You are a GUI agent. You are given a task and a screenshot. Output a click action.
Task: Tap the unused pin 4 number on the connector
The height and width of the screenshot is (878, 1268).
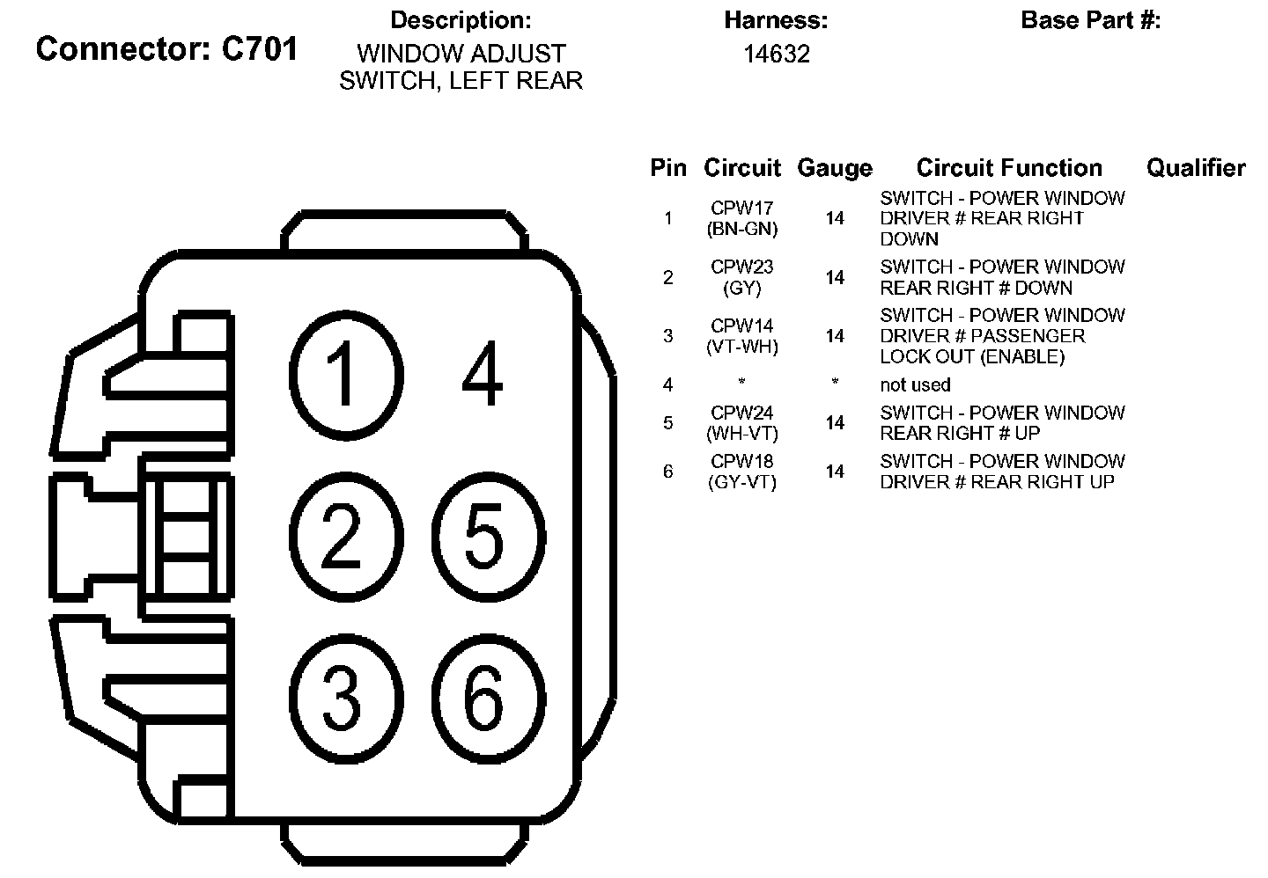point(483,374)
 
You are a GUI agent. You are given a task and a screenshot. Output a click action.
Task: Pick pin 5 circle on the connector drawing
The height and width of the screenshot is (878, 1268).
point(486,534)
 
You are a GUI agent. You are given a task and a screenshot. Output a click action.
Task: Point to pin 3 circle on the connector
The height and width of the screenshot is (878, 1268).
point(342,699)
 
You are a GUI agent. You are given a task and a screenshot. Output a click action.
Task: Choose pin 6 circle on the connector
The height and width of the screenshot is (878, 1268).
point(484,699)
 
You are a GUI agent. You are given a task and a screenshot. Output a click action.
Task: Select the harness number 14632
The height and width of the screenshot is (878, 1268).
point(776,55)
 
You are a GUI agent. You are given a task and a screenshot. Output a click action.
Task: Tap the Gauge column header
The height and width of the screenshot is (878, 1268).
point(834,168)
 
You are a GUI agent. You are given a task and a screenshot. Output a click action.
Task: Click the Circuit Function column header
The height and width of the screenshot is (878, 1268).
point(1009,168)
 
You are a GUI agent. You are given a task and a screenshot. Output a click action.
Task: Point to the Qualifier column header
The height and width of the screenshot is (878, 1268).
point(1196,168)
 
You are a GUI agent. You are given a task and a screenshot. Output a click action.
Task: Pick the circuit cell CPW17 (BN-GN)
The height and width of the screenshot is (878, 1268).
point(742,219)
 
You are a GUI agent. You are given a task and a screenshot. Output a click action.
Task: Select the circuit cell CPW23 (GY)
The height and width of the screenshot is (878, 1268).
point(742,277)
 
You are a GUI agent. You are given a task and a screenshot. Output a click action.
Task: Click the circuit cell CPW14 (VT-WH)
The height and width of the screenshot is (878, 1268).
point(742,336)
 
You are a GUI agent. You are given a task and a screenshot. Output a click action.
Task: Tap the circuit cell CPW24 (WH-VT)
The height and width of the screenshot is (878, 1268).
point(742,422)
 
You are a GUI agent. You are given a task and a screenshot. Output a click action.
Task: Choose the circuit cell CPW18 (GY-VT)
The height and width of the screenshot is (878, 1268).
point(742,472)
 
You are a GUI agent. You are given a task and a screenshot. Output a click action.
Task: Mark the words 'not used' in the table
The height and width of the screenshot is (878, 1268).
point(915,384)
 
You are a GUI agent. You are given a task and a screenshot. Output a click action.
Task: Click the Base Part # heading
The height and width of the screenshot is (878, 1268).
point(1090,20)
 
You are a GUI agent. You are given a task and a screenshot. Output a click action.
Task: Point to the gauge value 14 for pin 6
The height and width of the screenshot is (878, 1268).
point(835,472)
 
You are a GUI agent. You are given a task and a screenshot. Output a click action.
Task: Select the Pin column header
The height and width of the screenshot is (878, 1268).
point(668,168)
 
